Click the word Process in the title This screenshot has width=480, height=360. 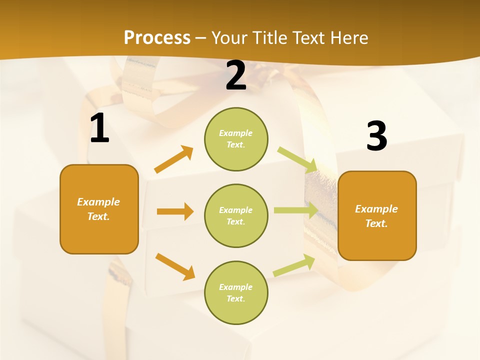(157, 37)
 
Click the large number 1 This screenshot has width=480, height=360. (99, 128)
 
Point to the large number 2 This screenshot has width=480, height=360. (236, 75)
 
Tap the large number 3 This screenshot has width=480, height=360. (376, 136)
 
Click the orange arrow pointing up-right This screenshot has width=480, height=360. (173, 159)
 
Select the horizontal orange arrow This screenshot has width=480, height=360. (175, 211)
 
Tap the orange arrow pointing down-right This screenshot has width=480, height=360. (175, 266)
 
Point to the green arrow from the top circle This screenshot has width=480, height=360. (297, 160)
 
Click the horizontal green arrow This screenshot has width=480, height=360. (295, 210)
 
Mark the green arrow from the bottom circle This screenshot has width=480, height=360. (294, 265)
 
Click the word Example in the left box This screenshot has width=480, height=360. (98, 202)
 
